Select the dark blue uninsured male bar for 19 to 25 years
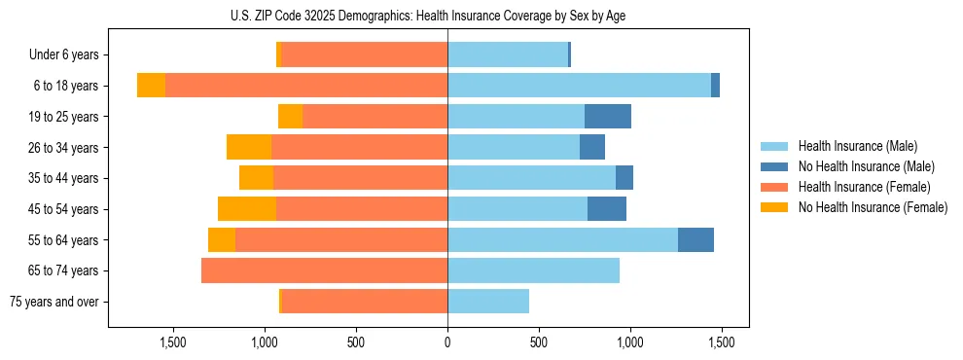(608, 116)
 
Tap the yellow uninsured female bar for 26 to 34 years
(249, 147)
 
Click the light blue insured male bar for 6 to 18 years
(579, 86)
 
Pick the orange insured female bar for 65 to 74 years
(324, 270)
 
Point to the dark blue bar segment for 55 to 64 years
(695, 239)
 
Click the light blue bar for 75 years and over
(488, 302)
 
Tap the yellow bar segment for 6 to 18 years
(151, 86)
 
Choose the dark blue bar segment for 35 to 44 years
(624, 178)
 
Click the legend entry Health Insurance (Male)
(857, 146)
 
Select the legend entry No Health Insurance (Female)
(873, 207)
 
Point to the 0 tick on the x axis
(447, 342)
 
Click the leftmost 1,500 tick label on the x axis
(172, 342)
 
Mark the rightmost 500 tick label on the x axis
(539, 342)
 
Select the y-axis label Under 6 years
(63, 55)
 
